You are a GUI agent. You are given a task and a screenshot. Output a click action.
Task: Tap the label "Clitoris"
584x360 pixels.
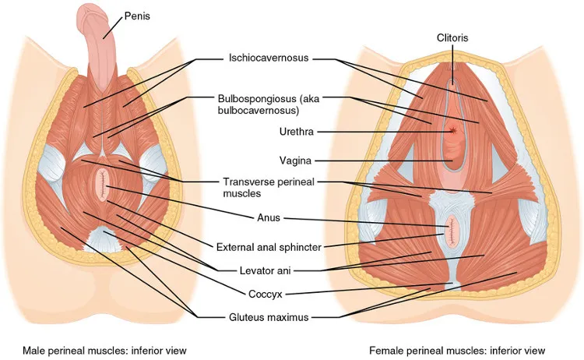click(452, 37)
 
